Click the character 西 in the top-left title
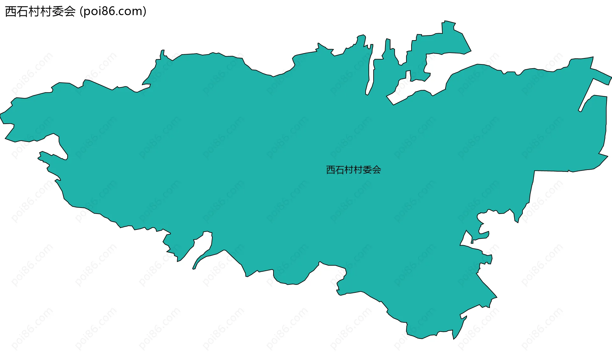click(x=11, y=11)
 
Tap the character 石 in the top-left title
click(x=23, y=11)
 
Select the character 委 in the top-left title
click(x=58, y=11)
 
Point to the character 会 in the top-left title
click(x=69, y=11)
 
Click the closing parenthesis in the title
click(x=145, y=11)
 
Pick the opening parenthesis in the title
click(x=81, y=11)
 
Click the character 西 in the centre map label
click(x=331, y=170)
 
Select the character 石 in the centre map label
click(x=340, y=170)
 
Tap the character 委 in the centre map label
click(x=368, y=170)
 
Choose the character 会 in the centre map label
click(x=377, y=170)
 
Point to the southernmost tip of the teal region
click(x=453, y=339)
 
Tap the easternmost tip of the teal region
click(x=611, y=77)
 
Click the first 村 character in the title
click(x=34, y=11)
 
